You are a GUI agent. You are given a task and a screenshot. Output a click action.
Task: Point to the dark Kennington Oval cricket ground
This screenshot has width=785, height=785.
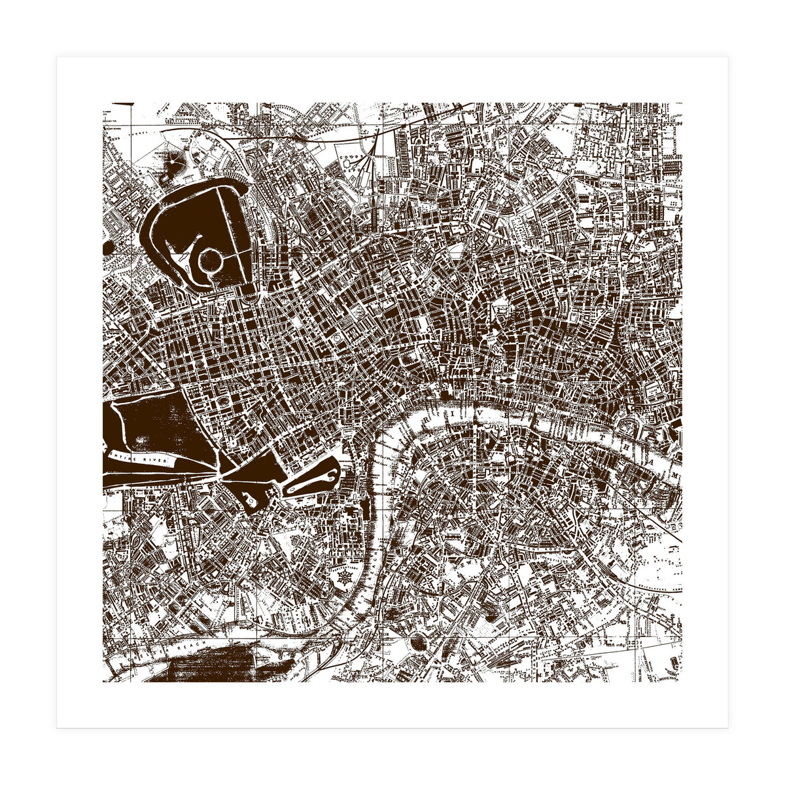pos(417,644)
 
